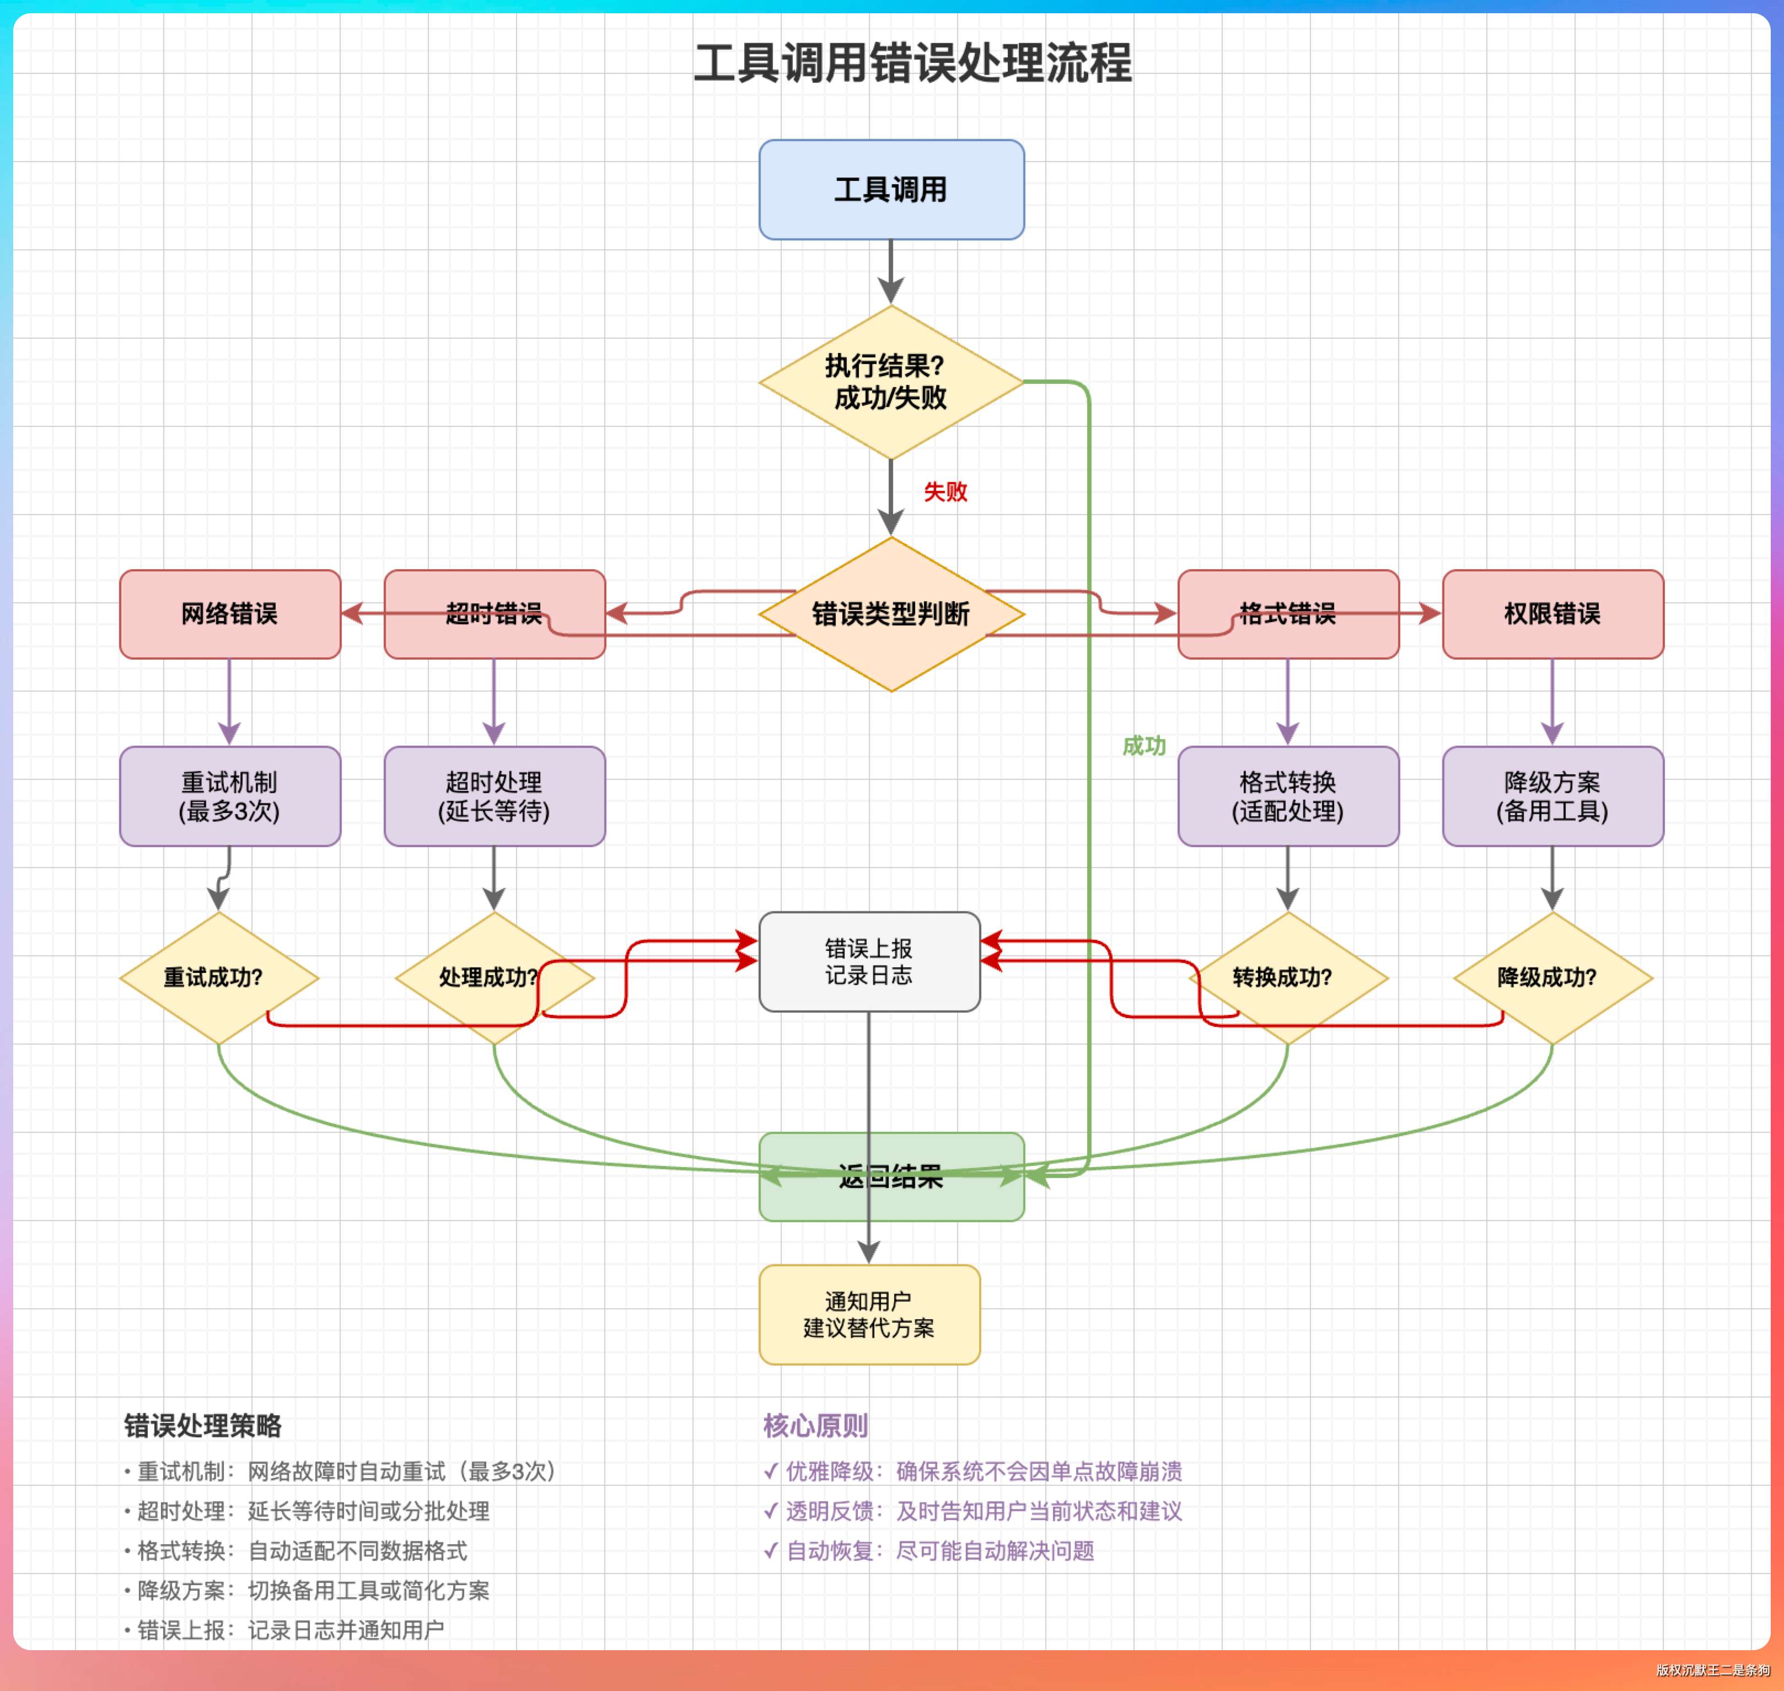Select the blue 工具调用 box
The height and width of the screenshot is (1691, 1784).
pos(891,189)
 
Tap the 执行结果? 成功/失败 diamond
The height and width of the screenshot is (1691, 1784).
pos(891,382)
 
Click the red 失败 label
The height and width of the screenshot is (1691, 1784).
pos(945,491)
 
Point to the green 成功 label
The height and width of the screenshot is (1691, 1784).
pos(1143,746)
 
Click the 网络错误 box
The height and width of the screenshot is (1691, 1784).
pos(230,614)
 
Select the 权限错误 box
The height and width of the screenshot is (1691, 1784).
pos(1552,614)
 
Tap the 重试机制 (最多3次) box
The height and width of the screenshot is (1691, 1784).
pos(230,796)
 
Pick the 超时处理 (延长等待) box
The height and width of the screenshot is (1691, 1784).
pos(495,796)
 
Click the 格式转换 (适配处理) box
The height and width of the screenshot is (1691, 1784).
pos(1287,796)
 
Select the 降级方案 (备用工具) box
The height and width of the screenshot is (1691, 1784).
pos(1552,796)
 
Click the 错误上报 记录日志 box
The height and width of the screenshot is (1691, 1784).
pos(869,961)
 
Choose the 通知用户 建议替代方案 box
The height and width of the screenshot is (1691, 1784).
pos(869,1314)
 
